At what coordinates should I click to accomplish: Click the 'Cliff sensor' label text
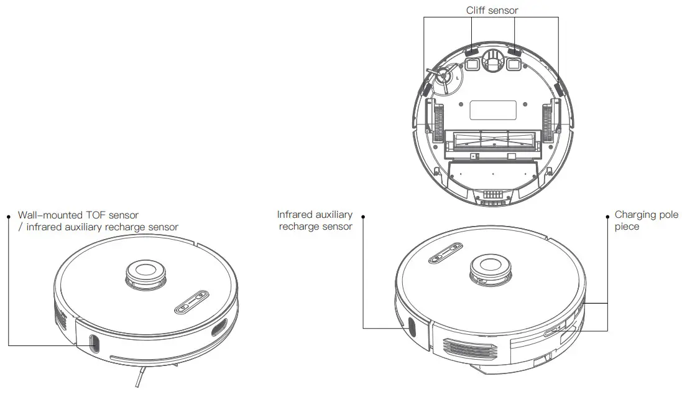click(x=492, y=10)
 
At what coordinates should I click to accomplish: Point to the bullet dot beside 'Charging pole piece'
click(x=607, y=216)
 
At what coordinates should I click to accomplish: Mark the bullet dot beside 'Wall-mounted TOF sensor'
click(x=9, y=216)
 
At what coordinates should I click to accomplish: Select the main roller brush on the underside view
click(x=492, y=140)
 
